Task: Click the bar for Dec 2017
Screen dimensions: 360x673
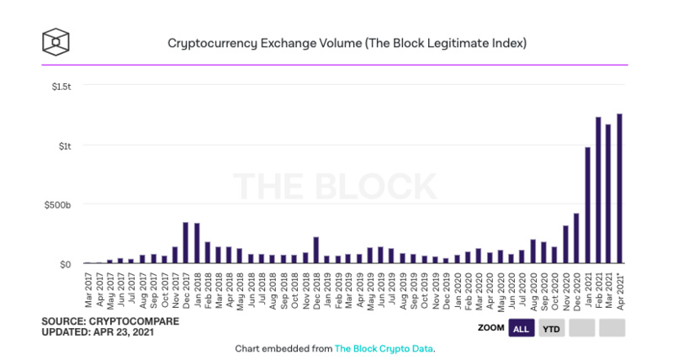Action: pyautogui.click(x=186, y=243)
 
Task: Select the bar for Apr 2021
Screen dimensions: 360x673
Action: pyautogui.click(x=619, y=188)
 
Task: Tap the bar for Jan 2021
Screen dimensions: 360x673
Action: pyautogui.click(x=586, y=205)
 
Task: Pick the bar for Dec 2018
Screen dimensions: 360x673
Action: pyautogui.click(x=315, y=251)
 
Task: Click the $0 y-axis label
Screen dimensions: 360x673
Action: pyautogui.click(x=66, y=264)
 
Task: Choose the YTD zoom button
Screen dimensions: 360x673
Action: pyautogui.click(x=552, y=328)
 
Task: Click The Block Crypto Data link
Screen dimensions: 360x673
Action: pyautogui.click(x=384, y=347)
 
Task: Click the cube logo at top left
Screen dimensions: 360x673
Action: pyautogui.click(x=56, y=40)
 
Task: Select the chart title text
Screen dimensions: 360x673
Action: pyautogui.click(x=336, y=41)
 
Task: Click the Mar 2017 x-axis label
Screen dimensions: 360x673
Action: pyautogui.click(x=89, y=289)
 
